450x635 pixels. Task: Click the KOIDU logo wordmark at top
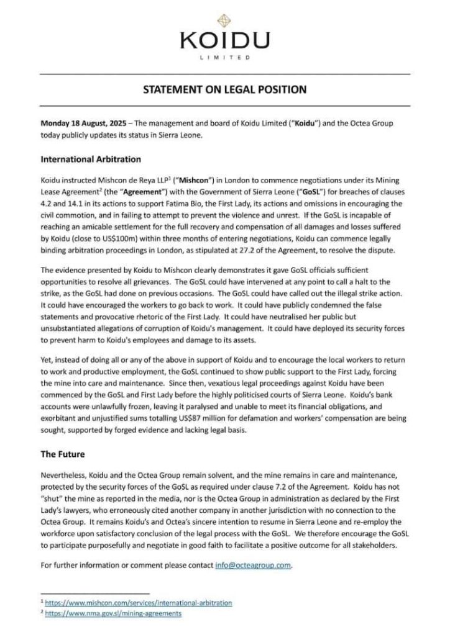[x=224, y=42]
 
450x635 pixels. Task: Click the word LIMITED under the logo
[x=224, y=57]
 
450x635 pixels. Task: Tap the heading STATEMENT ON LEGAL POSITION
[x=224, y=89]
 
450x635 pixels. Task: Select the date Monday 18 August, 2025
[x=83, y=124]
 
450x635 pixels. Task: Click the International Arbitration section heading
[x=91, y=159]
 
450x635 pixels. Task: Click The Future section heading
[x=63, y=454]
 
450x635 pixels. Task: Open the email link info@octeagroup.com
[x=254, y=565]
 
